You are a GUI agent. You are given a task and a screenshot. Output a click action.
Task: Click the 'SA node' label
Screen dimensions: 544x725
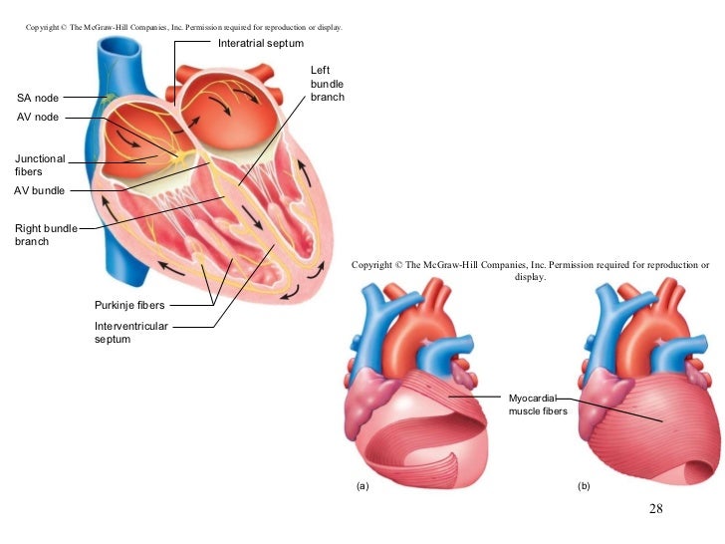tap(38, 98)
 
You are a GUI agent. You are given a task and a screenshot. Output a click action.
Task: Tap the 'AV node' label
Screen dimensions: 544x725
tap(38, 117)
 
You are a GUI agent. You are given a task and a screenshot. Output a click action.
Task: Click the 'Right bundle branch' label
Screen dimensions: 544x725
tap(46, 234)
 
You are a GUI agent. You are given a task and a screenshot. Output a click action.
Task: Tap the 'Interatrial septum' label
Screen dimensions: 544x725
tap(261, 44)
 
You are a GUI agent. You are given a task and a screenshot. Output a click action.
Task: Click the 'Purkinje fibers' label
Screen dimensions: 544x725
tap(129, 305)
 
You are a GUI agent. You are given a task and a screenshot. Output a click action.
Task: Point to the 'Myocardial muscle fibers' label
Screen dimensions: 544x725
tap(538, 404)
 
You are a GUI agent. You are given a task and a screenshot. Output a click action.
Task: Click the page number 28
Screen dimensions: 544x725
tap(655, 509)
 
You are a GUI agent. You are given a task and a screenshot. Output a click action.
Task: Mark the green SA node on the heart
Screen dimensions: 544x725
tap(109, 97)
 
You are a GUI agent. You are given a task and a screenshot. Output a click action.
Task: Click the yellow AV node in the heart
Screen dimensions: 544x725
tap(179, 156)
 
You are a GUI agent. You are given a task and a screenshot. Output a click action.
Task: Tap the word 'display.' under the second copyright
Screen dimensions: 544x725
tap(530, 278)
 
